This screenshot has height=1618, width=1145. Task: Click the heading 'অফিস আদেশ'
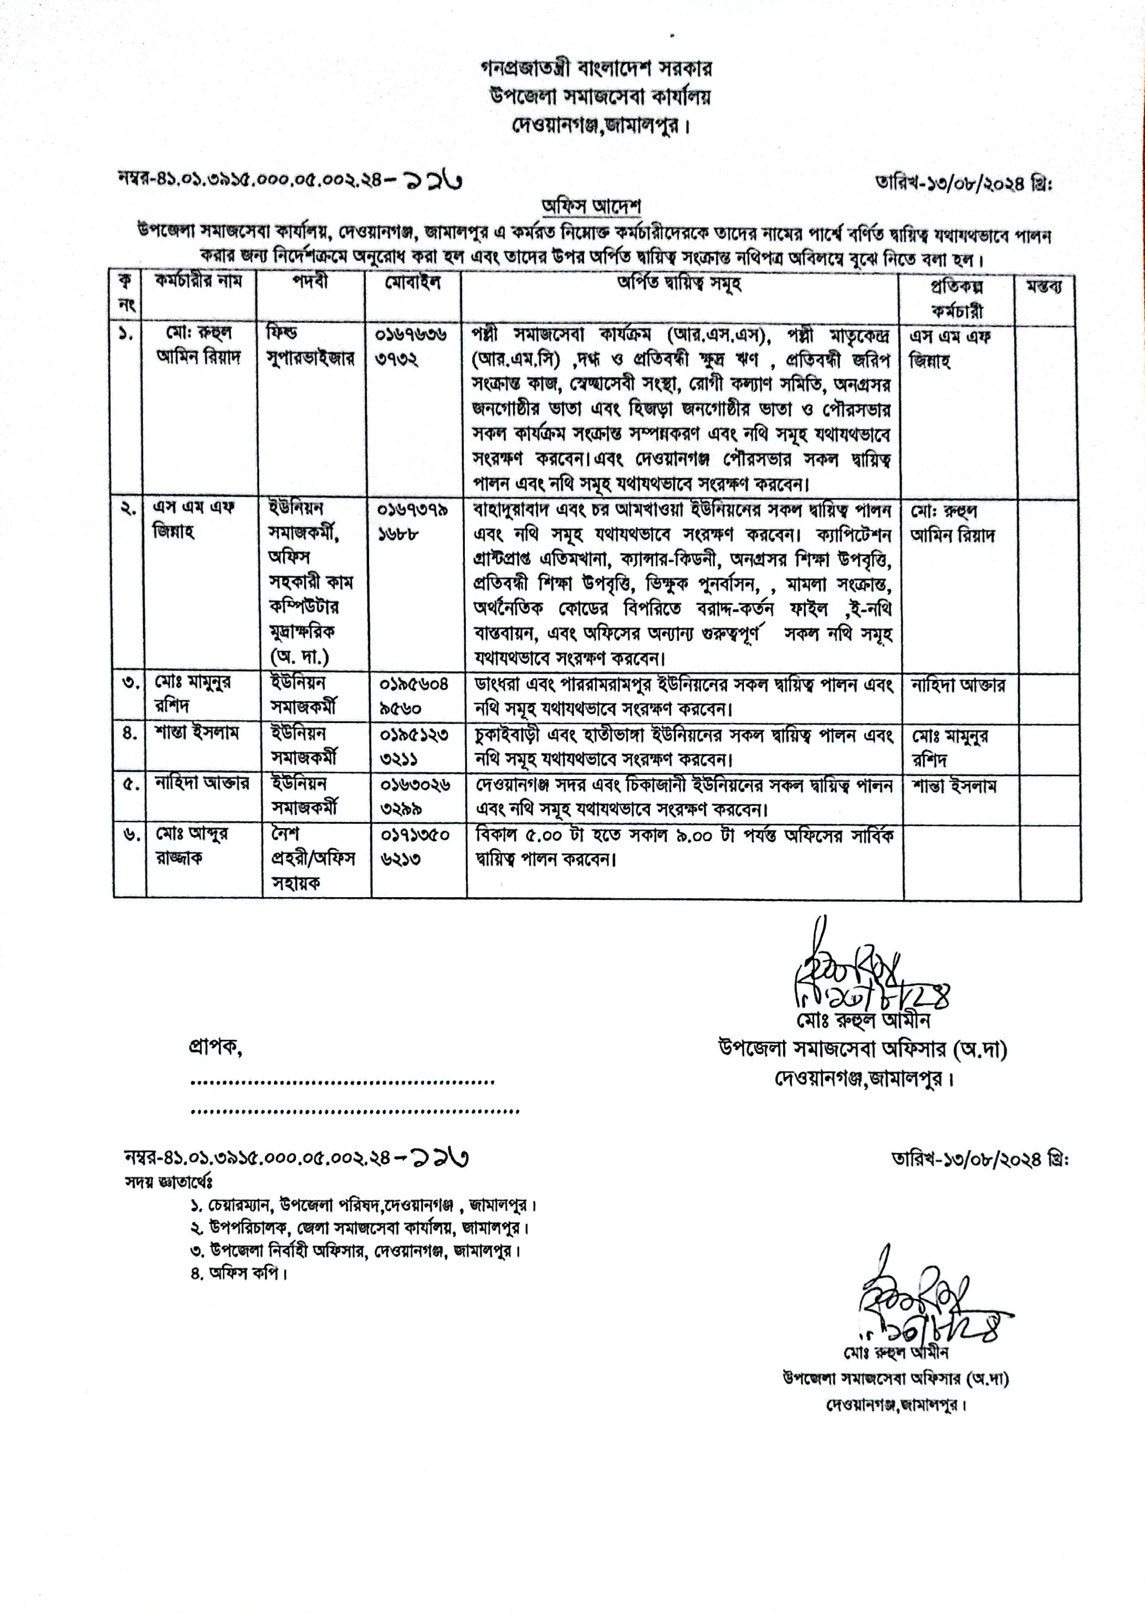591,207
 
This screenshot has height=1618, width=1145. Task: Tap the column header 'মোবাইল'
413,283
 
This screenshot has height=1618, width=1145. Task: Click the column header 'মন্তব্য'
1045,286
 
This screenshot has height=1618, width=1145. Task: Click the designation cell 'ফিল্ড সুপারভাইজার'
310,346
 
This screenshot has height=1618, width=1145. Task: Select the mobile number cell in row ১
413,346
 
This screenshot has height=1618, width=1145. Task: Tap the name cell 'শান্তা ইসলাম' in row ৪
198,733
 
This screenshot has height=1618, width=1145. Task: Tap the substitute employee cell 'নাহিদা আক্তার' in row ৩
957,685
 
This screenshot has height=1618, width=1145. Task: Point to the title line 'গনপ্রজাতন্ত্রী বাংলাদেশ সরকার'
596,69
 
